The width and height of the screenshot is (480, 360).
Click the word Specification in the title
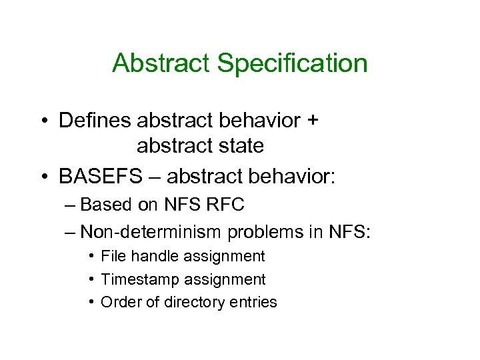pos(293,64)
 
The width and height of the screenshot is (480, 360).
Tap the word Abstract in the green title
pos(162,63)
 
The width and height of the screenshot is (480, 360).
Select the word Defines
pos(95,121)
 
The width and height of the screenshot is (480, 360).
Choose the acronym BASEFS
pos(100,177)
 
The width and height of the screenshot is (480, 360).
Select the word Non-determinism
pos(151,233)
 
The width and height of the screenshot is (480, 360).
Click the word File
pos(113,257)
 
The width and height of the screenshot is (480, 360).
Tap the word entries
pos(253,302)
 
